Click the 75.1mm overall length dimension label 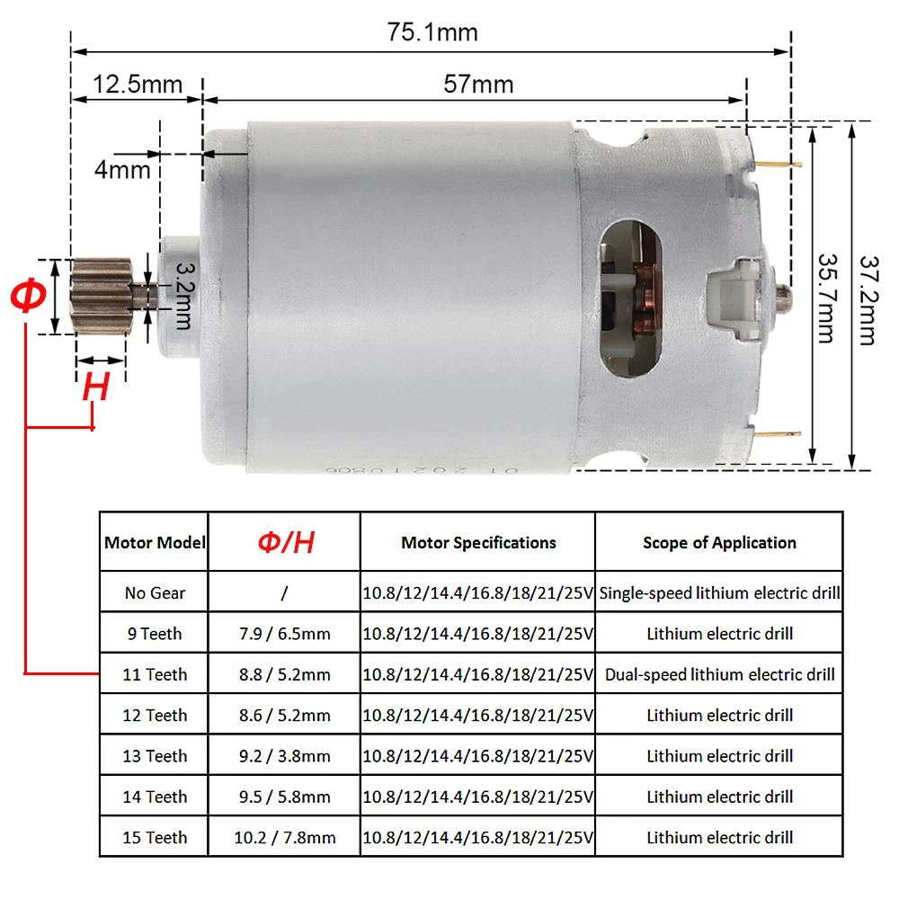click(432, 33)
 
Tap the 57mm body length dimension click(479, 85)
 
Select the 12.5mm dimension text click(138, 85)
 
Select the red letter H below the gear click(95, 387)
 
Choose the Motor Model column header click(155, 542)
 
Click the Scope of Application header click(719, 542)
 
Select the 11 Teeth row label click(155, 674)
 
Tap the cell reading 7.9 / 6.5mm click(283, 634)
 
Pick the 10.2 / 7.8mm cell click(284, 838)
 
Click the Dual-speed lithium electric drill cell click(719, 674)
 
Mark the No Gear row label click(155, 593)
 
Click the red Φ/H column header click(285, 542)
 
